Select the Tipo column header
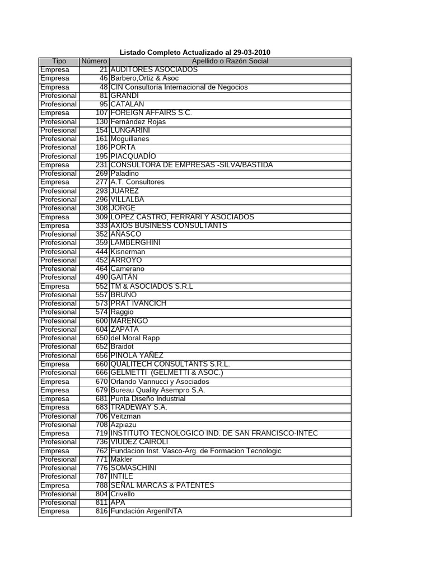pos(59,61)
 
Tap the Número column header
pos(94,61)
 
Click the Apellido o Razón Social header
pos(230,61)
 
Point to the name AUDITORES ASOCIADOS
pos(154,69)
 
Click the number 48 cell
pos(103,87)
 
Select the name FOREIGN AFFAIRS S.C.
pos(151,113)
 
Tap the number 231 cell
pos(101,165)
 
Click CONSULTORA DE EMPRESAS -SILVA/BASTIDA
pos(191,165)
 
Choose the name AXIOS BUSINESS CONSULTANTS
pos(169,226)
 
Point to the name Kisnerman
pos(128,252)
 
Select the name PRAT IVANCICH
pos(138,303)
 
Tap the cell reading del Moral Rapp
pos(135,338)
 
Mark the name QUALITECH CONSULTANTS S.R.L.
pos(170,364)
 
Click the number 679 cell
pos(101,390)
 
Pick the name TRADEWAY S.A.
pos(139,407)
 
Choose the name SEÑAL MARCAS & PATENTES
pos(162,485)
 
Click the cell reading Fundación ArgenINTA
pos(146,511)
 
